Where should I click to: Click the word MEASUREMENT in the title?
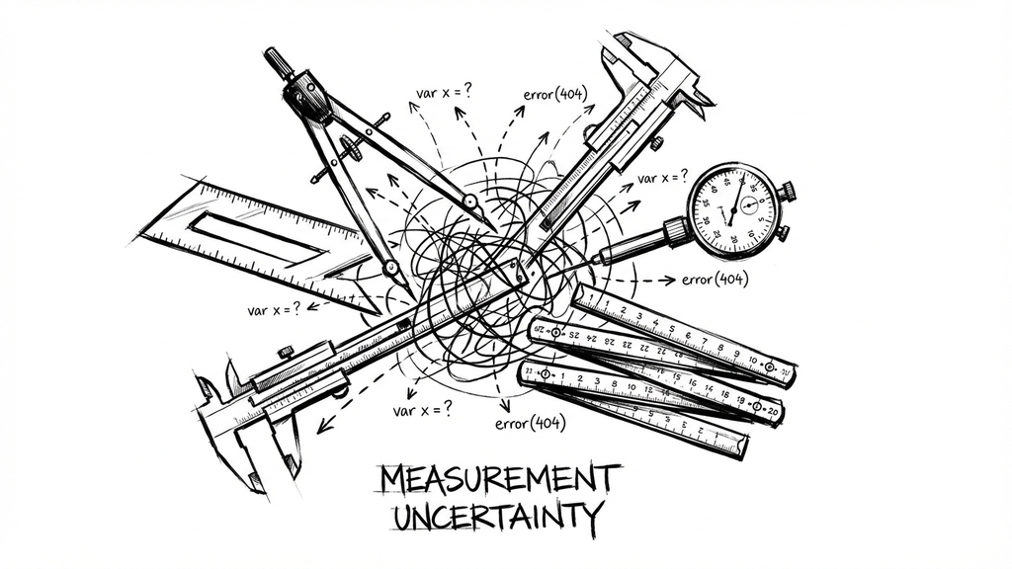tap(500, 478)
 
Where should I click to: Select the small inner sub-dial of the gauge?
tap(748, 205)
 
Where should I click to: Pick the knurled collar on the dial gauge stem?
tap(677, 231)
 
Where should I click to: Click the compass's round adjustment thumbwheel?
tap(351, 150)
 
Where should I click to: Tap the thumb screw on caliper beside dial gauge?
tap(656, 143)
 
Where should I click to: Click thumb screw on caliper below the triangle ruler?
tap(286, 351)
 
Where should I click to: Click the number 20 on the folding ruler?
tap(772, 411)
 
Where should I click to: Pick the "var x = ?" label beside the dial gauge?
tap(663, 179)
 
